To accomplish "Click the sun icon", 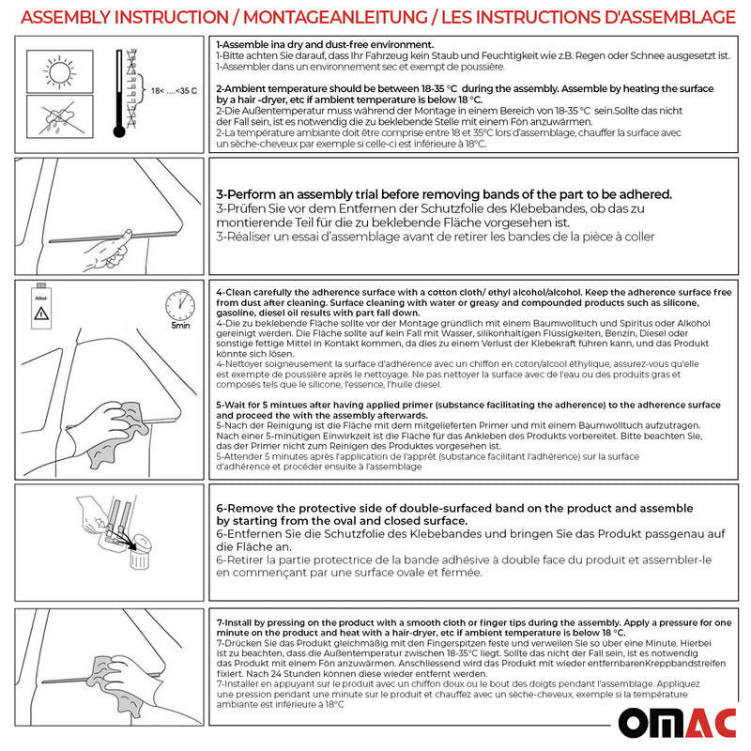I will click(x=54, y=71).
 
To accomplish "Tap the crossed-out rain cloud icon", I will click(x=54, y=121).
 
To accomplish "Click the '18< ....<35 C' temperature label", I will click(x=175, y=90).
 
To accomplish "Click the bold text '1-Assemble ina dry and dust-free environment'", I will click(x=325, y=45).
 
